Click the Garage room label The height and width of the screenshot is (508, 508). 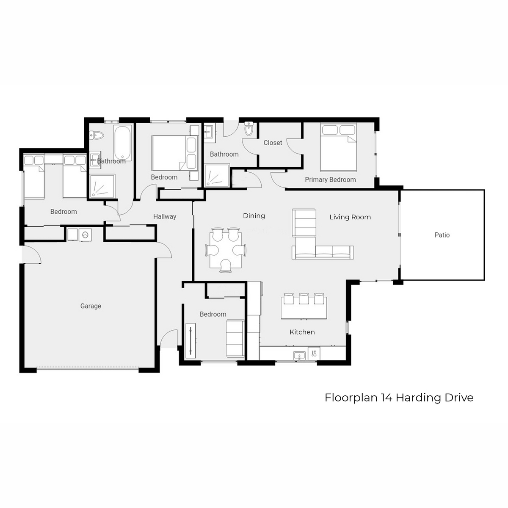(x=91, y=306)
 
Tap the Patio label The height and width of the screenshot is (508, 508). (x=442, y=235)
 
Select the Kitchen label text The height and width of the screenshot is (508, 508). (x=302, y=332)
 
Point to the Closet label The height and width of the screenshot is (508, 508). (x=273, y=143)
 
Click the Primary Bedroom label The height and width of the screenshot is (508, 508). (x=330, y=179)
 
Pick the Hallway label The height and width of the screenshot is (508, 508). (x=165, y=216)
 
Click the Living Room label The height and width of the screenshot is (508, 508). (x=350, y=217)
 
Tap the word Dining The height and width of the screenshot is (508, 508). (x=254, y=215)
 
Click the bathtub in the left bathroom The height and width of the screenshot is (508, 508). (x=122, y=143)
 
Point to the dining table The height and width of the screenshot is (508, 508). (x=225, y=250)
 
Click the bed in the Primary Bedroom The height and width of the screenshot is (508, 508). (x=339, y=147)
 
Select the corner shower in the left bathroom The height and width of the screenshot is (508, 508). (x=102, y=186)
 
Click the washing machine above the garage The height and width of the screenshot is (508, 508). (x=85, y=235)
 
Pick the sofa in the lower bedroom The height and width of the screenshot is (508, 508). (x=235, y=339)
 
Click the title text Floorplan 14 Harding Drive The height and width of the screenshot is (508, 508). (x=399, y=398)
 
